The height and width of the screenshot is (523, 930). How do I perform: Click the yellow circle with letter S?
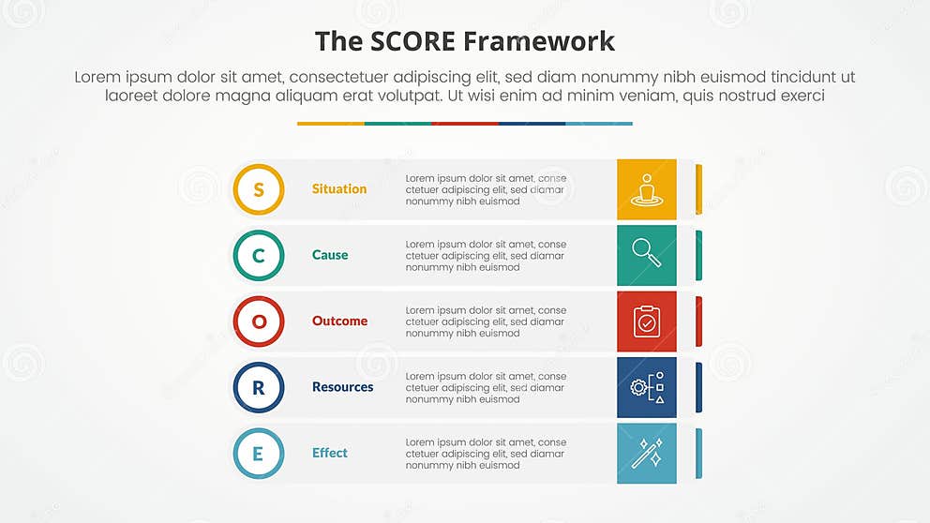[x=259, y=189]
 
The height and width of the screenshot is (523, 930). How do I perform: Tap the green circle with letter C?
[x=259, y=255]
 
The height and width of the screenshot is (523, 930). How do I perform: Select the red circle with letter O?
[x=259, y=321]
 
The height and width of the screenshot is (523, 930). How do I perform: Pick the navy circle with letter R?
[x=259, y=387]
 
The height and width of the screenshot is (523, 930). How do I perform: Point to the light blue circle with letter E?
[x=259, y=454]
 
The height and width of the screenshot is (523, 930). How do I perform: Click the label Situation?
[x=339, y=189]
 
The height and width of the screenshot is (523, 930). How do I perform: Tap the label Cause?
[x=330, y=255]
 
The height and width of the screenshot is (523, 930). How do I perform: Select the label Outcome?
[x=339, y=321]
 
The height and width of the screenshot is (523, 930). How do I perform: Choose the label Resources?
[x=342, y=387]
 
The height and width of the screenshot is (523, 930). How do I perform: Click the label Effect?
[x=330, y=454]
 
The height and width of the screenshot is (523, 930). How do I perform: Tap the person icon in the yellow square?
[x=646, y=189]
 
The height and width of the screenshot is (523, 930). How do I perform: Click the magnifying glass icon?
[x=646, y=255]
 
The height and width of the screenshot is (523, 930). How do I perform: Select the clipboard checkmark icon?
[x=646, y=321]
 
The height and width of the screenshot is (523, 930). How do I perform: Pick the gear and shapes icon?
[x=646, y=387]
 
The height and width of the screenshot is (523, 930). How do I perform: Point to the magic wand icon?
[x=646, y=454]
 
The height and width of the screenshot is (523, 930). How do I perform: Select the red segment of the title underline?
[x=465, y=123]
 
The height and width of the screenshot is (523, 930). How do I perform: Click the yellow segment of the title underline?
[x=330, y=123]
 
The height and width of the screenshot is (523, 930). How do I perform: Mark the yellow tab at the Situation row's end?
[x=698, y=188]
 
